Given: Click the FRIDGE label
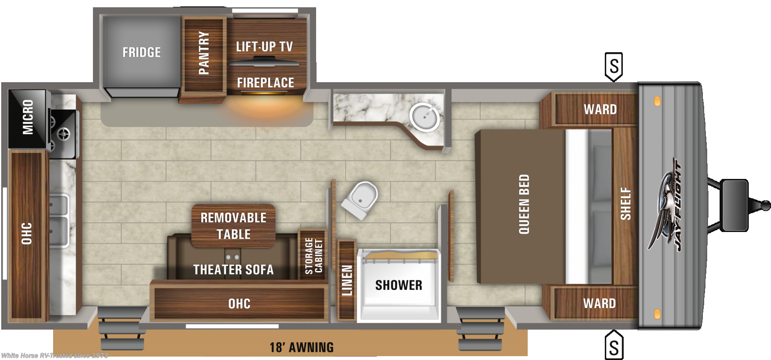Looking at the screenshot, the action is [x=142, y=52].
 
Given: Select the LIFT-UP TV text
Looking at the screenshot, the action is [x=264, y=46].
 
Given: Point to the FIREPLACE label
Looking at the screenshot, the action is [x=266, y=83].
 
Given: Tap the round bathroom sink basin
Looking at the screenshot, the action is [x=424, y=116].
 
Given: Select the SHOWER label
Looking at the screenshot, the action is [x=399, y=285].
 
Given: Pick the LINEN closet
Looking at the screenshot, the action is [x=347, y=280].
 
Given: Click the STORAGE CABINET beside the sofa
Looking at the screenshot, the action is [x=314, y=256].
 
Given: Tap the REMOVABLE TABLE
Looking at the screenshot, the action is [x=233, y=226].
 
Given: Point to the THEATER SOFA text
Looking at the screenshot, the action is [x=233, y=270].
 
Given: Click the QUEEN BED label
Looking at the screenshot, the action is [x=524, y=204].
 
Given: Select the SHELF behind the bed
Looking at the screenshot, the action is [x=625, y=205].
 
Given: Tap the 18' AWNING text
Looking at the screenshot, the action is [x=302, y=347].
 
